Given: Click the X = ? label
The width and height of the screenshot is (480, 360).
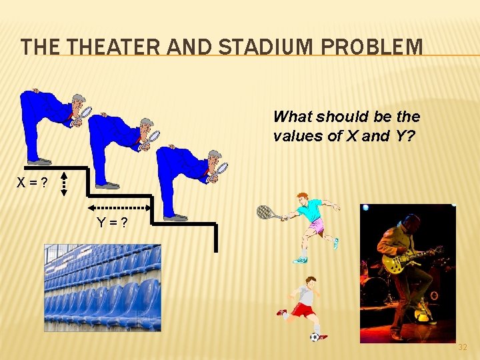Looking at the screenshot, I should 32,183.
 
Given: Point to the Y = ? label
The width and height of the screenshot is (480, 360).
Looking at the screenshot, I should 113,223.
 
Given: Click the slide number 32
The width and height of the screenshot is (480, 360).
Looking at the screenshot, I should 463,347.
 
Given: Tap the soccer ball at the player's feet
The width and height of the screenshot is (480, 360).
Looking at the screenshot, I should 315,337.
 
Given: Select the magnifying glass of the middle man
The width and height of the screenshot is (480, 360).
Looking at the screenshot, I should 154,137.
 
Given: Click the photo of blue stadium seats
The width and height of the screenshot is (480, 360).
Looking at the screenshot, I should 103,287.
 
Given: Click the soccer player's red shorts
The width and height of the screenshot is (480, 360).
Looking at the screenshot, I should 304,310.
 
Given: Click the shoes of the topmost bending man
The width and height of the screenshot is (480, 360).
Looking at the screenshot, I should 39,161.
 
